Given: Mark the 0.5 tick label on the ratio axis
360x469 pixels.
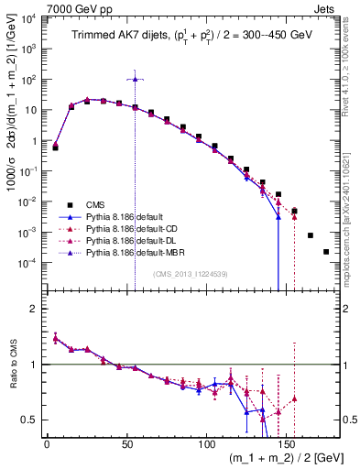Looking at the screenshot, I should pyautogui.click(x=30, y=420).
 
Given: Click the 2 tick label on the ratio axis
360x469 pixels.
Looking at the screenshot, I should pyautogui.click(x=35, y=309).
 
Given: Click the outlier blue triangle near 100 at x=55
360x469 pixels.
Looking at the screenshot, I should pyautogui.click(x=135, y=79).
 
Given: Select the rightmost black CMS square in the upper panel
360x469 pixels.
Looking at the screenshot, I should pyautogui.click(x=326, y=251).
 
